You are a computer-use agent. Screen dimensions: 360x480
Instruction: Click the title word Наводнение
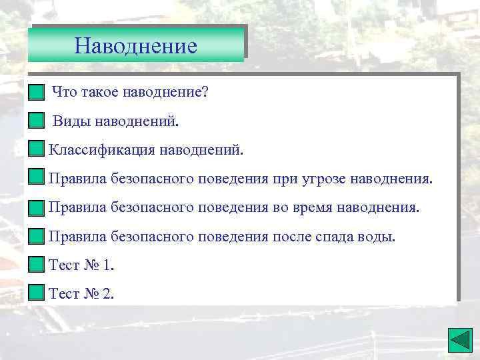[x=136, y=46]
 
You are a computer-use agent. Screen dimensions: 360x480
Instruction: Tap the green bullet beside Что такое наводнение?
[x=37, y=91]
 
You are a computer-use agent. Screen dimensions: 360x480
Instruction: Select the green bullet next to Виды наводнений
[x=37, y=121]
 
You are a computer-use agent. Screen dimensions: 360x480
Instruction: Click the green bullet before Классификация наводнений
[x=37, y=149]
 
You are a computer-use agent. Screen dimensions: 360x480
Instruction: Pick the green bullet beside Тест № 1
[x=37, y=265]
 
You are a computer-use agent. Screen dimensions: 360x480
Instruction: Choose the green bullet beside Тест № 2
[x=37, y=293]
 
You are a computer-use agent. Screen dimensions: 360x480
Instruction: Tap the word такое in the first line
[x=100, y=92]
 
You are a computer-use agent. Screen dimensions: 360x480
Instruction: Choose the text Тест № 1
[x=81, y=265]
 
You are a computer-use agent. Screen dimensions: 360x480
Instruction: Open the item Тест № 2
[x=81, y=293]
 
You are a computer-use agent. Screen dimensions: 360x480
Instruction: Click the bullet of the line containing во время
[x=37, y=208]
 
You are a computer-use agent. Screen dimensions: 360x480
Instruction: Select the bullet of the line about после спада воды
[x=37, y=237]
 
